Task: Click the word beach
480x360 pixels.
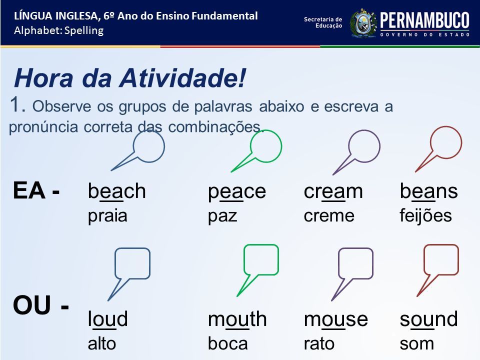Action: pyautogui.click(x=116, y=191)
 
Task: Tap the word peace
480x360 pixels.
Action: pyautogui.click(x=236, y=192)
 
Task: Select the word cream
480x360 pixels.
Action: pyautogui.click(x=333, y=191)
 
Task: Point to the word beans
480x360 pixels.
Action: pyautogui.click(x=428, y=191)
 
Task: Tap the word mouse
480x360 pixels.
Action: pyautogui.click(x=335, y=319)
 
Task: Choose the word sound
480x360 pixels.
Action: pyautogui.click(x=428, y=319)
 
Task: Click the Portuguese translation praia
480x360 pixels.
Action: pyautogui.click(x=107, y=216)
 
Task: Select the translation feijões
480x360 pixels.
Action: pyautogui.click(x=425, y=215)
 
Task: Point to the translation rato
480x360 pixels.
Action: pyautogui.click(x=318, y=343)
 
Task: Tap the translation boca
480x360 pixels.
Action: pyautogui.click(x=228, y=343)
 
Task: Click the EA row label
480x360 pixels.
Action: pyautogui.click(x=36, y=190)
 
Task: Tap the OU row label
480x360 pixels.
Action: pyautogui.click(x=40, y=305)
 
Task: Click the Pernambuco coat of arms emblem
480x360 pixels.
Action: pyautogui.click(x=363, y=23)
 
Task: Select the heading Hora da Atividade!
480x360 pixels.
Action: pyautogui.click(x=129, y=78)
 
